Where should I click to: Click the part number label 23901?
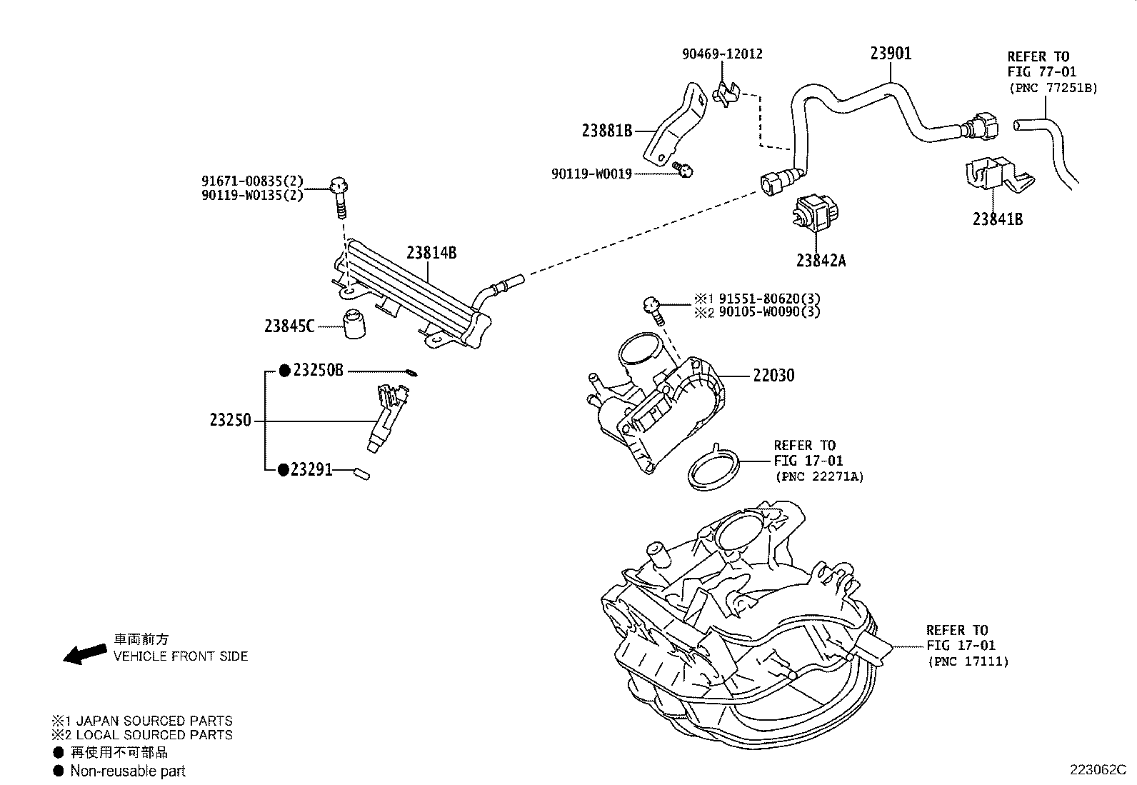(891, 54)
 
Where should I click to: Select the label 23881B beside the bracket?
(606, 131)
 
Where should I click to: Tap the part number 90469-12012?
(722, 54)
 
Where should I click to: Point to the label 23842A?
(821, 261)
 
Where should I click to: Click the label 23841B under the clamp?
(997, 219)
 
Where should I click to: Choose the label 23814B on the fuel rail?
(431, 253)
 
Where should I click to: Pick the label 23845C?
(289, 326)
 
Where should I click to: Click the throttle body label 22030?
(773, 376)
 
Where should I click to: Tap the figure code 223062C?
(1097, 770)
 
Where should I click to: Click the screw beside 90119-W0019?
(684, 170)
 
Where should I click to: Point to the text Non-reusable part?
(128, 771)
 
